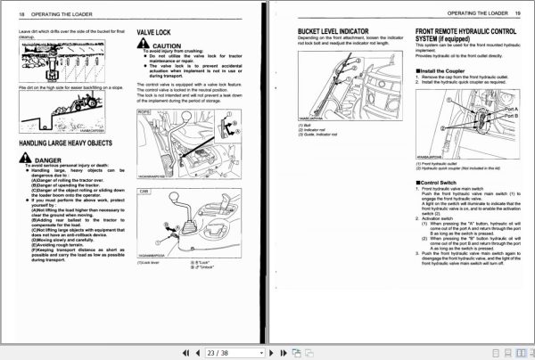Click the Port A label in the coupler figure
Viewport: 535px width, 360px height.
pos(509,109)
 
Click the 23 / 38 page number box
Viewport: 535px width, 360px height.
pos(219,353)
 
